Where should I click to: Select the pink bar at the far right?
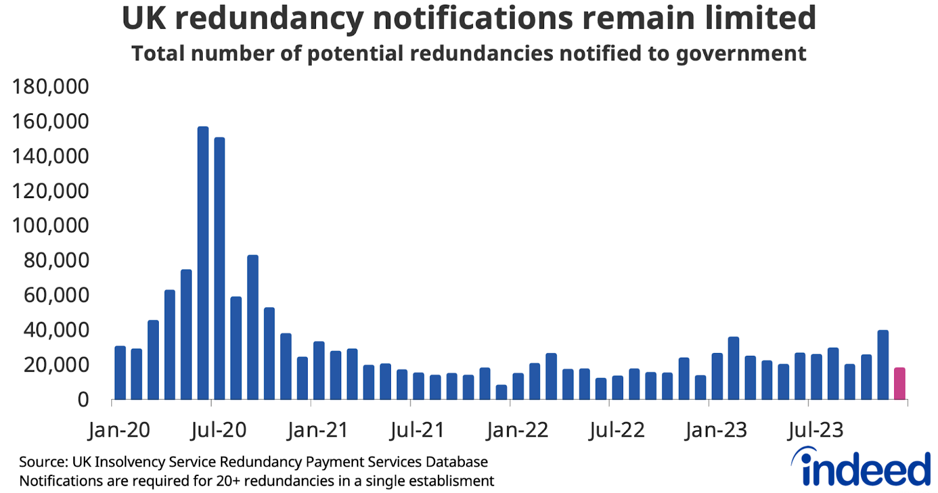pyautogui.click(x=899, y=384)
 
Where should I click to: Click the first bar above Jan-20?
pyautogui.click(x=120, y=373)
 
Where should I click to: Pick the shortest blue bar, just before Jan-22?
pyautogui.click(x=501, y=392)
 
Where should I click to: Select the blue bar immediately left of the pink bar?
pyautogui.click(x=882, y=365)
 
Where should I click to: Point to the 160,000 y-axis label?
pyautogui.click(x=50, y=121)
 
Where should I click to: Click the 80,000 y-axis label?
pyautogui.click(x=56, y=260)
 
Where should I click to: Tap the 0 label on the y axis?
pyautogui.click(x=83, y=400)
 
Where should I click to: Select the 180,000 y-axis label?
pyautogui.click(x=50, y=87)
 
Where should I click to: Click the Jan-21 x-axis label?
pyautogui.click(x=318, y=430)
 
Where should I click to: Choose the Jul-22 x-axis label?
pyautogui.click(x=617, y=430)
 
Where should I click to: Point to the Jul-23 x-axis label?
pyautogui.click(x=815, y=430)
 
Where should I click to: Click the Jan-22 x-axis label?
pyautogui.click(x=517, y=430)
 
